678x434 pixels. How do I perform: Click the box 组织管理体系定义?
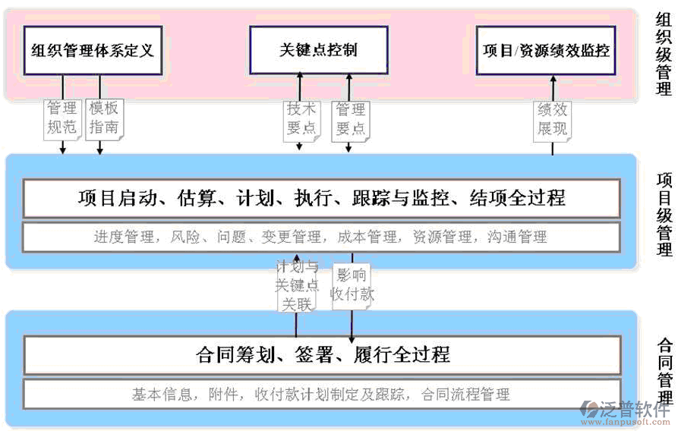(x=93, y=51)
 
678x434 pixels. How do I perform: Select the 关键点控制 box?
(x=318, y=51)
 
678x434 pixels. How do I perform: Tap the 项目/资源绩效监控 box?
(x=546, y=51)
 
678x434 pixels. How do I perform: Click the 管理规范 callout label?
(x=62, y=118)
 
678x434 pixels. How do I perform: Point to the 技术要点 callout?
(x=301, y=119)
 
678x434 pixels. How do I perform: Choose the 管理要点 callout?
(x=351, y=119)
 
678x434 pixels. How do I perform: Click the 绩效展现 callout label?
(x=552, y=119)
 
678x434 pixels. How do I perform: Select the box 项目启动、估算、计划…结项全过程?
(x=321, y=199)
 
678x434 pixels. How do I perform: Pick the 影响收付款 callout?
(x=352, y=285)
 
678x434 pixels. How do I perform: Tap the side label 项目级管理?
(x=664, y=215)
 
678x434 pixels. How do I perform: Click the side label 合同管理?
(x=664, y=372)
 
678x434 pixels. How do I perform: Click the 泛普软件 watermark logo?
(x=626, y=410)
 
